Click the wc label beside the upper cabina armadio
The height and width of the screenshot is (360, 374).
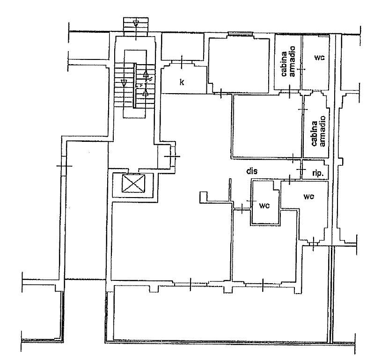pos(320,58)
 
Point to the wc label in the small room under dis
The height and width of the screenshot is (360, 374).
pos(265,205)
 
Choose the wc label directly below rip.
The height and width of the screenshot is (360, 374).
pos(308,196)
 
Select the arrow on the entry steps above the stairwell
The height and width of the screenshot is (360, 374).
pos(136,22)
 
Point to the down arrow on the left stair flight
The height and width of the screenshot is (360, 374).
pos(124,82)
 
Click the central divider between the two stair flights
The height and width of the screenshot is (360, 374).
pos(135,87)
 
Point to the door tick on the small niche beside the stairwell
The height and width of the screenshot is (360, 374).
pos(172,156)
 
